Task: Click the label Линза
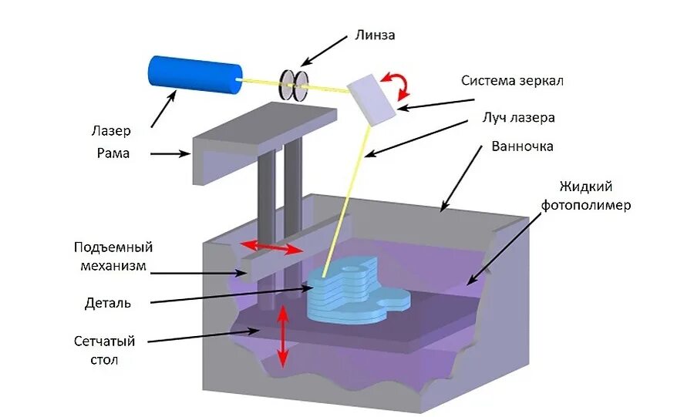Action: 376,34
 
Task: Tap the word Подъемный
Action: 113,247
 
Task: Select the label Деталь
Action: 107,303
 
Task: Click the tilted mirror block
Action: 372,97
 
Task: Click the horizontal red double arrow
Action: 270,247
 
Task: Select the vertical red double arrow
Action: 283,336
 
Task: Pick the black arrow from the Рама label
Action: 170,154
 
